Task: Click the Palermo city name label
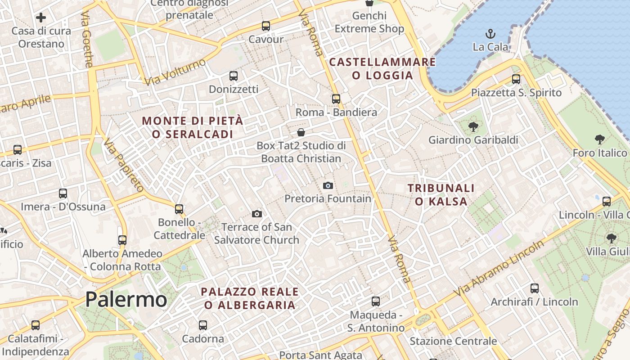coord(126,299)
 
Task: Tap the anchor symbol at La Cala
coord(490,34)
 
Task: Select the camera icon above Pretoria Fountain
coord(328,185)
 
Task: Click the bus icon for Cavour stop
coord(266,26)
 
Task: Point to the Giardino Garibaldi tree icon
coord(473,127)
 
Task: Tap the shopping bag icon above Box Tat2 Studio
coord(301,132)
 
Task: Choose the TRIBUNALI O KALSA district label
coord(441,194)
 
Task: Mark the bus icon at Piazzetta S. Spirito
coord(516,79)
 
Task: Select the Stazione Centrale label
coord(453,341)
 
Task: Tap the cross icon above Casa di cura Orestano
coord(41,18)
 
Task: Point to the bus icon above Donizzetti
coord(233,76)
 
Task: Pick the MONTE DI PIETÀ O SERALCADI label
coord(193,127)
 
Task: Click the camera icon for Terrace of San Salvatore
coord(257,214)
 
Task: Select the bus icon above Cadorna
coord(203,325)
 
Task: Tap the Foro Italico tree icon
coord(599,139)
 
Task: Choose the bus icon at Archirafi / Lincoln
coord(535,288)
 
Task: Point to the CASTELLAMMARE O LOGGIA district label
coord(382,68)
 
